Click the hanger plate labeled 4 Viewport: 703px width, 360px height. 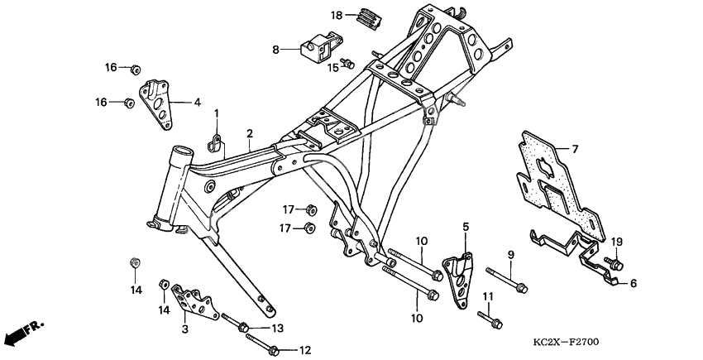tap(155, 103)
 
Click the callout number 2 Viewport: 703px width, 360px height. tap(249, 132)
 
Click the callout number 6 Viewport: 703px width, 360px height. tap(634, 282)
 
